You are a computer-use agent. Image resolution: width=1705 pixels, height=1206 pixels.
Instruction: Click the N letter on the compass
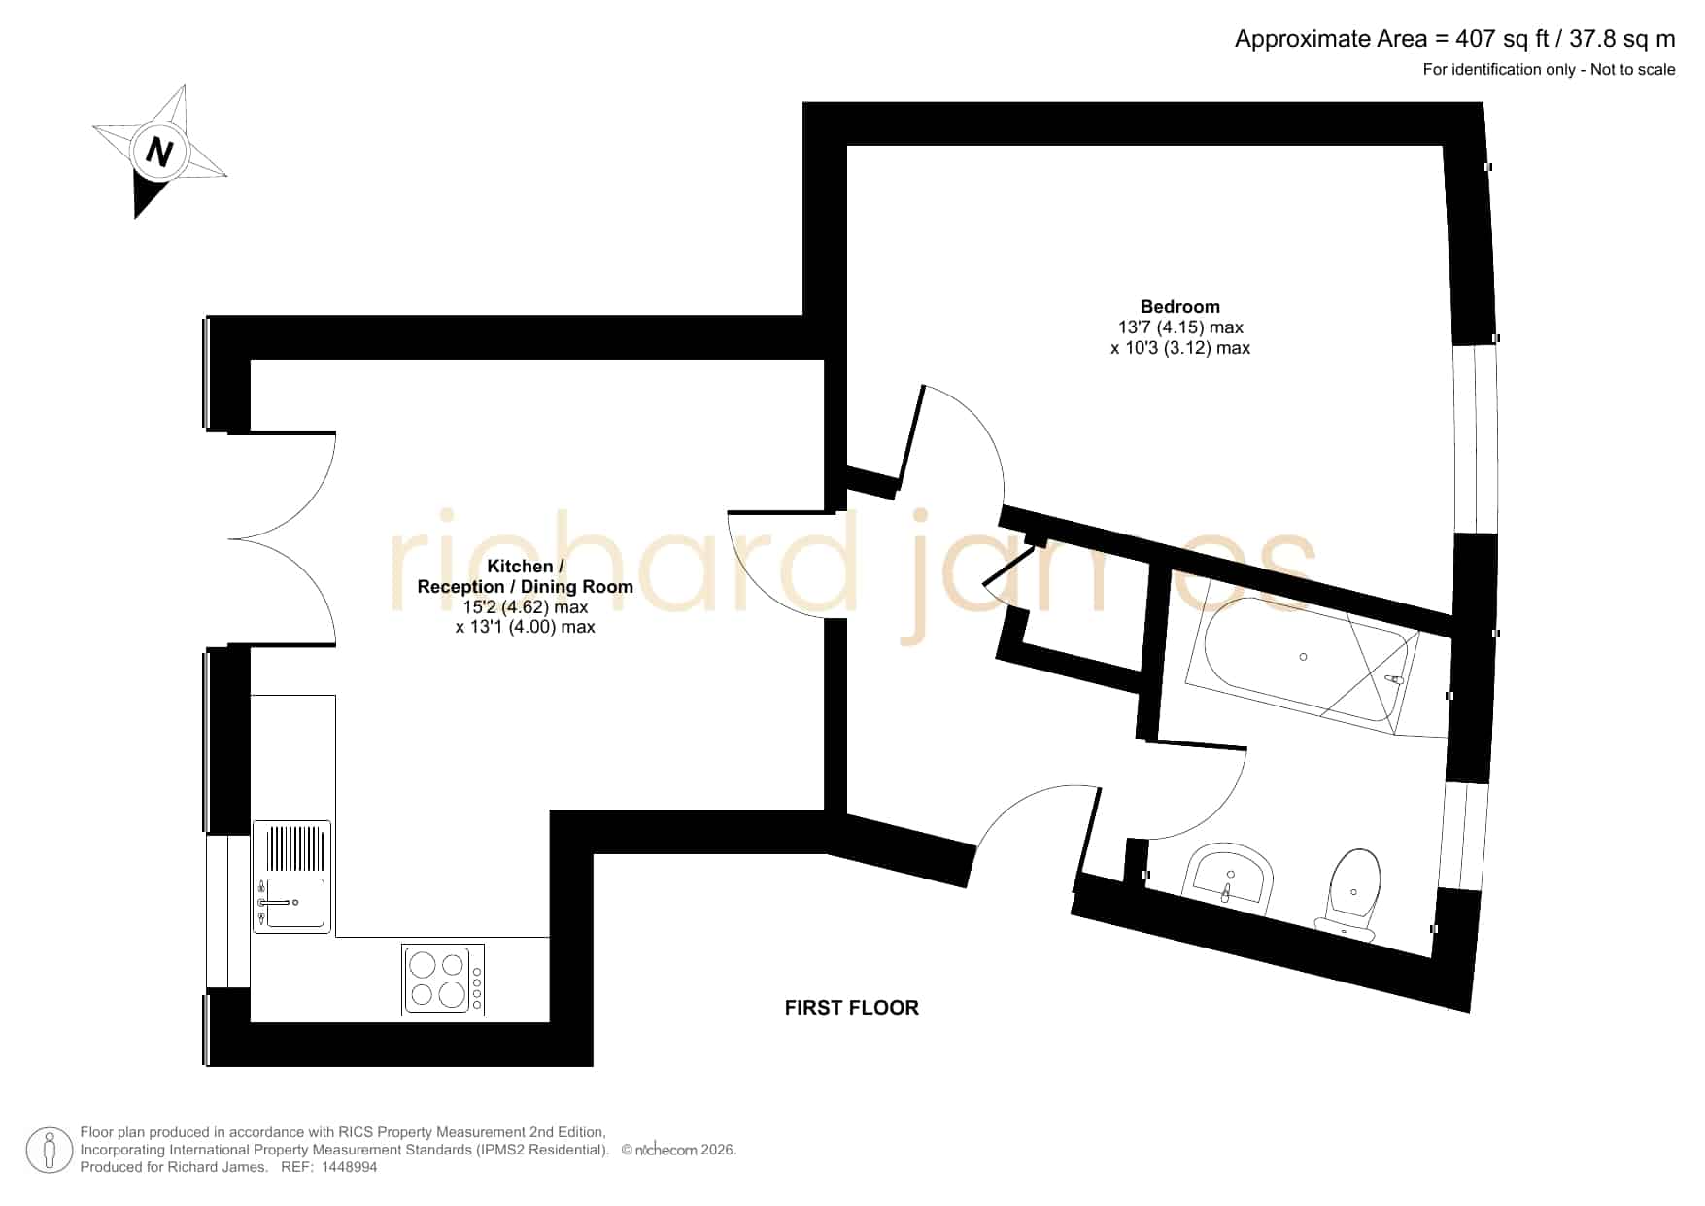tap(159, 153)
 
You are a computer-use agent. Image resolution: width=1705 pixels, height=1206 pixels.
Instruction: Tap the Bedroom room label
tap(1179, 306)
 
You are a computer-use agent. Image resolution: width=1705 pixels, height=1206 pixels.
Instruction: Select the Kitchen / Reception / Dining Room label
tap(525, 576)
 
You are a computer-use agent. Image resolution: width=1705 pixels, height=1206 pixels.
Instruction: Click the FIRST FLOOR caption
tap(851, 1008)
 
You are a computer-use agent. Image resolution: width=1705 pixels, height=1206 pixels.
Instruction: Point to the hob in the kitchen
tap(443, 981)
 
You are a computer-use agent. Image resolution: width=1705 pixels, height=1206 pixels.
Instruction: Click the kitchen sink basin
tap(295, 904)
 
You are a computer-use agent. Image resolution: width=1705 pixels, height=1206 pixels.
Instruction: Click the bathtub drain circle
tap(1303, 657)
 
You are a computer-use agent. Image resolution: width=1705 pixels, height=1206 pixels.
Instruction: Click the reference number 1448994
tap(349, 1167)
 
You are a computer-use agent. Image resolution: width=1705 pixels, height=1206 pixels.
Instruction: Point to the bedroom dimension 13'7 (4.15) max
tap(1180, 327)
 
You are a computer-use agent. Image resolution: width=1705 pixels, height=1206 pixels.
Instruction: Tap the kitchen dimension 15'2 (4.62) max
tap(525, 607)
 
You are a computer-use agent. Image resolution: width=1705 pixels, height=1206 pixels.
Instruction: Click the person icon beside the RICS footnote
tap(49, 1150)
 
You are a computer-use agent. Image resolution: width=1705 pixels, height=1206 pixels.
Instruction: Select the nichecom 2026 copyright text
tap(679, 1150)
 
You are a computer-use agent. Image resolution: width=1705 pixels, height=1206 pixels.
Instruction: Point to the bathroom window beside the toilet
tap(1462, 836)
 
